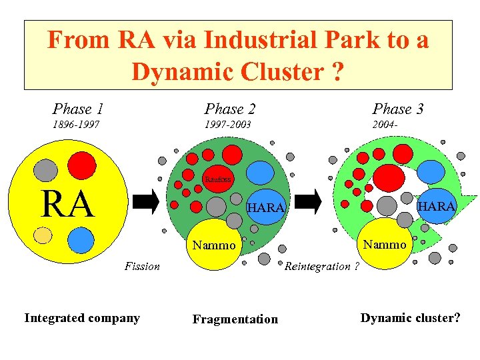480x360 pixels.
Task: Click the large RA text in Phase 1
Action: coord(67,204)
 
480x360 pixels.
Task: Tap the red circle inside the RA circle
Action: coord(83,164)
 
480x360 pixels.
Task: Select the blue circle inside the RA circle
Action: coord(81,240)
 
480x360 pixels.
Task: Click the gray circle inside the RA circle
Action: coord(45,169)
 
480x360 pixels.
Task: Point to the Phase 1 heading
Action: coord(77,109)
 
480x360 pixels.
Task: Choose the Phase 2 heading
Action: coord(230,109)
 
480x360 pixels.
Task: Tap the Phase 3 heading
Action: coord(398,109)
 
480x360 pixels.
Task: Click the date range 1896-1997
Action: coord(76,125)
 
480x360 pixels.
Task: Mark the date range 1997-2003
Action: coord(227,125)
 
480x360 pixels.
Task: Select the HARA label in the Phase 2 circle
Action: coord(265,208)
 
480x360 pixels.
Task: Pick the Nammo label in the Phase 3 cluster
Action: coord(385,245)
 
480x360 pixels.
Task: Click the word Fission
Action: coord(142,266)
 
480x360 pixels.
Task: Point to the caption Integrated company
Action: coord(82,318)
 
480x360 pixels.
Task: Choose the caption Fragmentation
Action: coord(235,319)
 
